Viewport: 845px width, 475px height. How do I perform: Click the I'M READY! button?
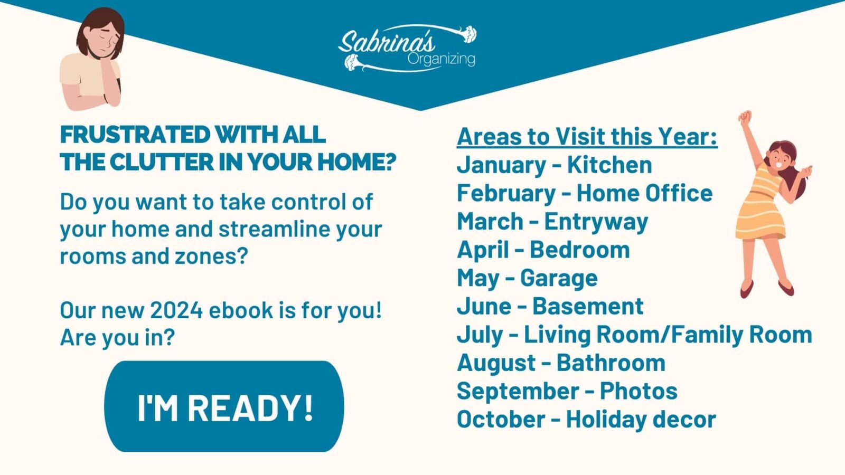[224, 406]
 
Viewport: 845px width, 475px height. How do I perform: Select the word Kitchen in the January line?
[609, 165]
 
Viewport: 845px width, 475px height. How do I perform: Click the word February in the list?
[506, 193]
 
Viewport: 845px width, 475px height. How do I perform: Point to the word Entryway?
[596, 222]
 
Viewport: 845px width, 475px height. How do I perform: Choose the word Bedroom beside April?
[579, 250]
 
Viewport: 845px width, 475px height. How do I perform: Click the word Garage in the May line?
[559, 278]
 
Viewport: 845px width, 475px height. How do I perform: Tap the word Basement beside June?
[588, 306]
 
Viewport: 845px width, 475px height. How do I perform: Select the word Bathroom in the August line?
[611, 363]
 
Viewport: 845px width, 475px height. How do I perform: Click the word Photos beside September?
[639, 391]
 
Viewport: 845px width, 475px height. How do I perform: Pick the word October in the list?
[501, 420]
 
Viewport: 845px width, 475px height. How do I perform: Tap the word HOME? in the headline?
[356, 162]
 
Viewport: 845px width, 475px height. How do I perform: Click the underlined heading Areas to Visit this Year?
[587, 137]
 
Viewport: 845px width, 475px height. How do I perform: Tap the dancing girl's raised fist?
[745, 117]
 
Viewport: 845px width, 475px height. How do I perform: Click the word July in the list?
[480, 335]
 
